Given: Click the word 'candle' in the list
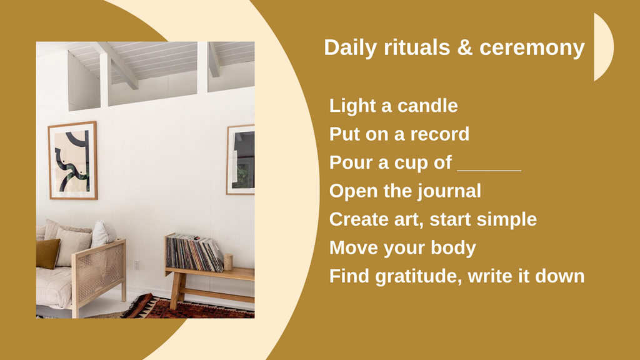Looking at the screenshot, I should click(x=427, y=106).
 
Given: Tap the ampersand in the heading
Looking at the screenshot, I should click(x=465, y=48).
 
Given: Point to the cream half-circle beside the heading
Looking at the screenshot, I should click(x=602, y=47).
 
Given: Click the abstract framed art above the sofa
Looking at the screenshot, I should click(x=72, y=161).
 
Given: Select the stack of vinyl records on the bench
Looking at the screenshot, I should click(x=194, y=252).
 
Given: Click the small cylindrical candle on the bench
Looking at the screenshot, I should click(x=229, y=262).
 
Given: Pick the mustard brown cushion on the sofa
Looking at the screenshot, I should click(x=47, y=252).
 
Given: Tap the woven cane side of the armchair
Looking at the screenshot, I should click(x=99, y=272).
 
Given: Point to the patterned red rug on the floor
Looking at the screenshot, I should click(x=187, y=309).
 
